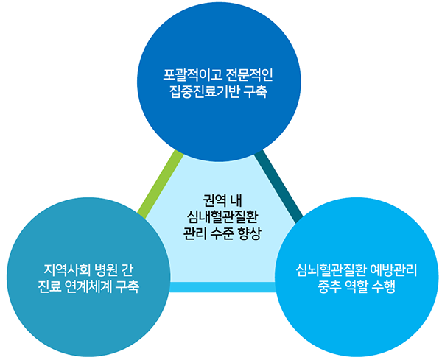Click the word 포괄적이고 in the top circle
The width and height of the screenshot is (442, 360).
click(192, 74)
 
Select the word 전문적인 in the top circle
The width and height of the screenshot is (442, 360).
click(250, 74)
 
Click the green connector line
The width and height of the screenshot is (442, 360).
click(161, 185)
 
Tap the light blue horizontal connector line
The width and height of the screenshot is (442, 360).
click(222, 287)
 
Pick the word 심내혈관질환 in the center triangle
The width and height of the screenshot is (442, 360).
click(222, 216)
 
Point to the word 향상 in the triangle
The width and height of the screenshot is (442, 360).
click(250, 233)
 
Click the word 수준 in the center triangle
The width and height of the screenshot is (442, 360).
click(222, 233)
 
